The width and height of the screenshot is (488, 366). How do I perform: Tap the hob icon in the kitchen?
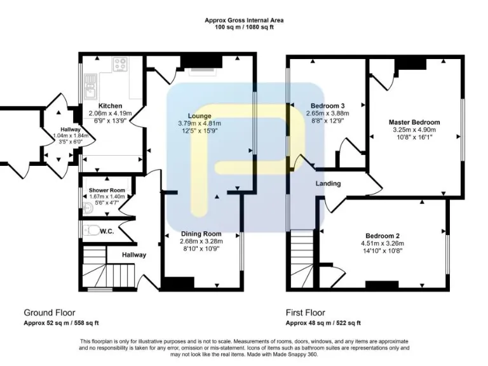click(x=120, y=64)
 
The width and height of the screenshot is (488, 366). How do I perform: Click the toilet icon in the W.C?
click(x=91, y=231)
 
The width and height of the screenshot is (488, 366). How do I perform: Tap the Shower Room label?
click(x=107, y=191)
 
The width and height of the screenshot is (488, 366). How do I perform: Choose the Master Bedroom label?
click(x=417, y=122)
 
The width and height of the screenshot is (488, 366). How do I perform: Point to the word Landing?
click(x=329, y=184)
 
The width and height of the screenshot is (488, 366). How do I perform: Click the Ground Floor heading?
click(x=50, y=313)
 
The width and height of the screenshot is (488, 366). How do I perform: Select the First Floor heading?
click(x=306, y=313)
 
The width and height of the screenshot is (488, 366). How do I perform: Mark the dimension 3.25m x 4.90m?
click(x=417, y=130)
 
